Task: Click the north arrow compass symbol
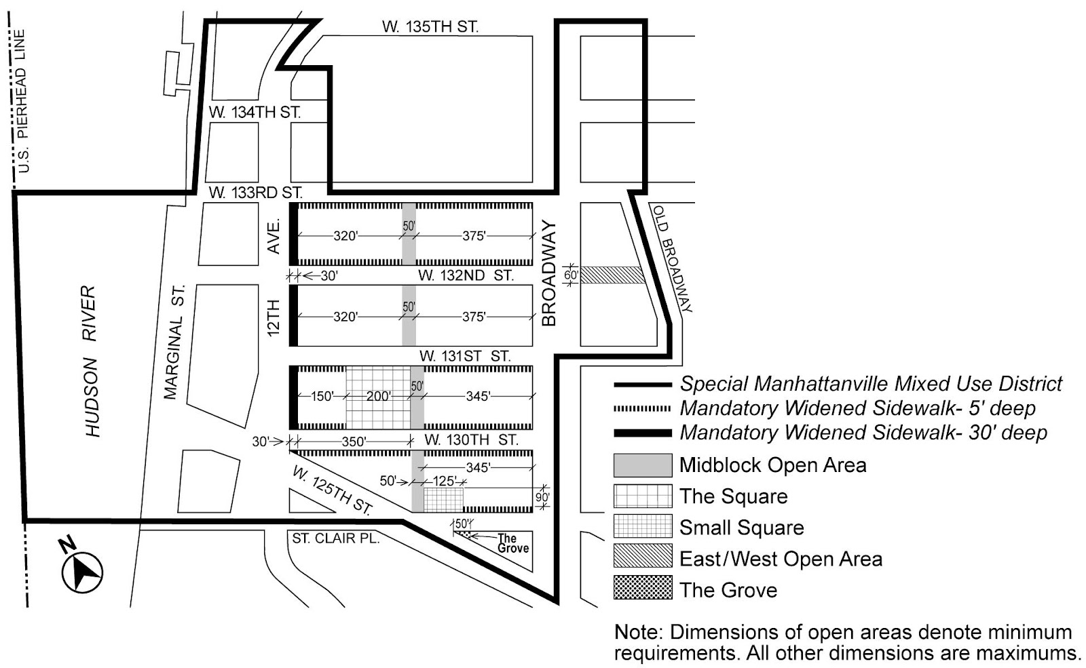82,572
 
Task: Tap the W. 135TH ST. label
430,27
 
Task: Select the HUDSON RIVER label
91,361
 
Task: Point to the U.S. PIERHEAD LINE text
21,102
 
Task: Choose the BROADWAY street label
549,273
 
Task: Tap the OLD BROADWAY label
673,258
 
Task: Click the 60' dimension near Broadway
571,275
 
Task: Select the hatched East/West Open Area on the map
612,275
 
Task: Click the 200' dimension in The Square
378,396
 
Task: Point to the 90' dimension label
542,497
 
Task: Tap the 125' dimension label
444,482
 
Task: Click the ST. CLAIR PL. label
335,538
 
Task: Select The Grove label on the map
512,543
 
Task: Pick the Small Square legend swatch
642,527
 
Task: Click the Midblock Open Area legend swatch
642,465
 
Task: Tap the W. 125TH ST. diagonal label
333,490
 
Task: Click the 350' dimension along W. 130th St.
354,441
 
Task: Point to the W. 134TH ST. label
255,113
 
